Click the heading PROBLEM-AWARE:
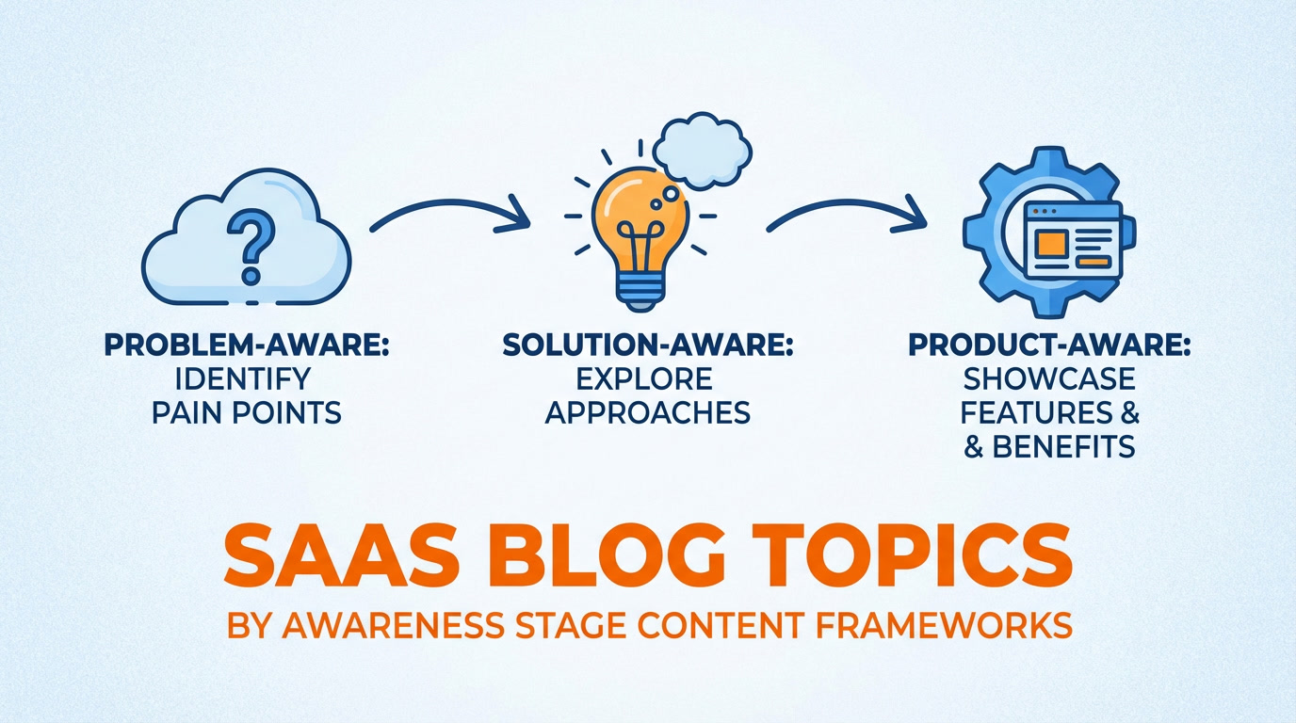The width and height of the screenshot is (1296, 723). [247, 345]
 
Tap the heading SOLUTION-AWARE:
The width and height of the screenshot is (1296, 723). [648, 345]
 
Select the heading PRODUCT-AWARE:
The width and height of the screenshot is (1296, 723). [1049, 345]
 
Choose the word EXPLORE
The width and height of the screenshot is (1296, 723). [645, 378]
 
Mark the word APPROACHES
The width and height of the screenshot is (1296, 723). [649, 412]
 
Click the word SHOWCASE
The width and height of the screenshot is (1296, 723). [1049, 378]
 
